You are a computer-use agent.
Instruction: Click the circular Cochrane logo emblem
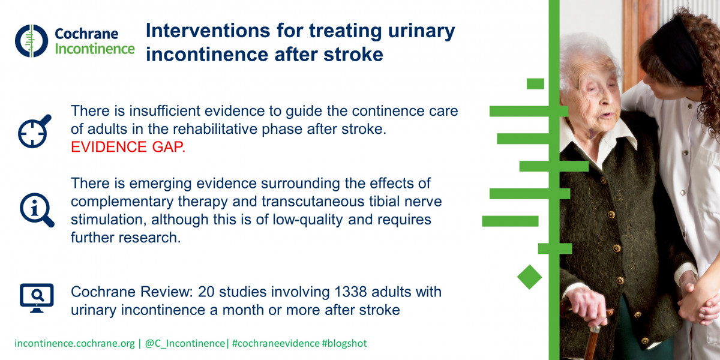pos(31,41)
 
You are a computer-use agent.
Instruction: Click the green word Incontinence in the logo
pos(95,49)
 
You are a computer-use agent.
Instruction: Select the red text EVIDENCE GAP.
pos(128,147)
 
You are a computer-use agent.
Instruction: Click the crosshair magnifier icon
pos(34,131)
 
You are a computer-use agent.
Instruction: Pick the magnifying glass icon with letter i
pos(37,210)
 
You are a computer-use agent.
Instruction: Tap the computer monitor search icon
pos(37,298)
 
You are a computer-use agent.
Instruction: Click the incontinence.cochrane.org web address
pos(74,343)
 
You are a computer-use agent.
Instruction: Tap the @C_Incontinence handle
pos(185,343)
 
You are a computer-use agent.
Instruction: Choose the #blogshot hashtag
pos(344,343)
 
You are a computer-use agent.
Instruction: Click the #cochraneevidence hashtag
pos(276,343)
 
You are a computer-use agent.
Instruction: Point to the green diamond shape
pos(529,277)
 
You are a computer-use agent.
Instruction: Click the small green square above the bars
pos(535,83)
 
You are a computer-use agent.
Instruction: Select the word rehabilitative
pos(214,129)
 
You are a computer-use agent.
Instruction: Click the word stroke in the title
pos(353,55)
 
